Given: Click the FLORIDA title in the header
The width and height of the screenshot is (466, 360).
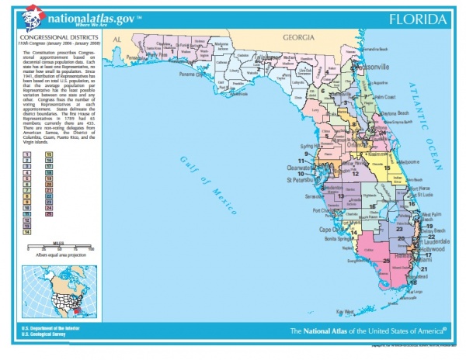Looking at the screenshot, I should [419, 19].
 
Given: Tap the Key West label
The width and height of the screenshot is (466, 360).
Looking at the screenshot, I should [344, 312].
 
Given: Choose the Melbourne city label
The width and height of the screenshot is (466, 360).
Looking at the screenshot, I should [404, 161].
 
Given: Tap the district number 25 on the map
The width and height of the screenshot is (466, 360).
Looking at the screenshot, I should [386, 261].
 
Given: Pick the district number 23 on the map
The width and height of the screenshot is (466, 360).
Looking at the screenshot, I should [400, 230].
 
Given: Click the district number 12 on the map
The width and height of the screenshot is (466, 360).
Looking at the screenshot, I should [355, 173].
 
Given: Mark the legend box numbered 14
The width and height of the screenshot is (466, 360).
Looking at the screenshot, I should [26, 231].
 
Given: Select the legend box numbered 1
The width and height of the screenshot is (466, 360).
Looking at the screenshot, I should [26, 155].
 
